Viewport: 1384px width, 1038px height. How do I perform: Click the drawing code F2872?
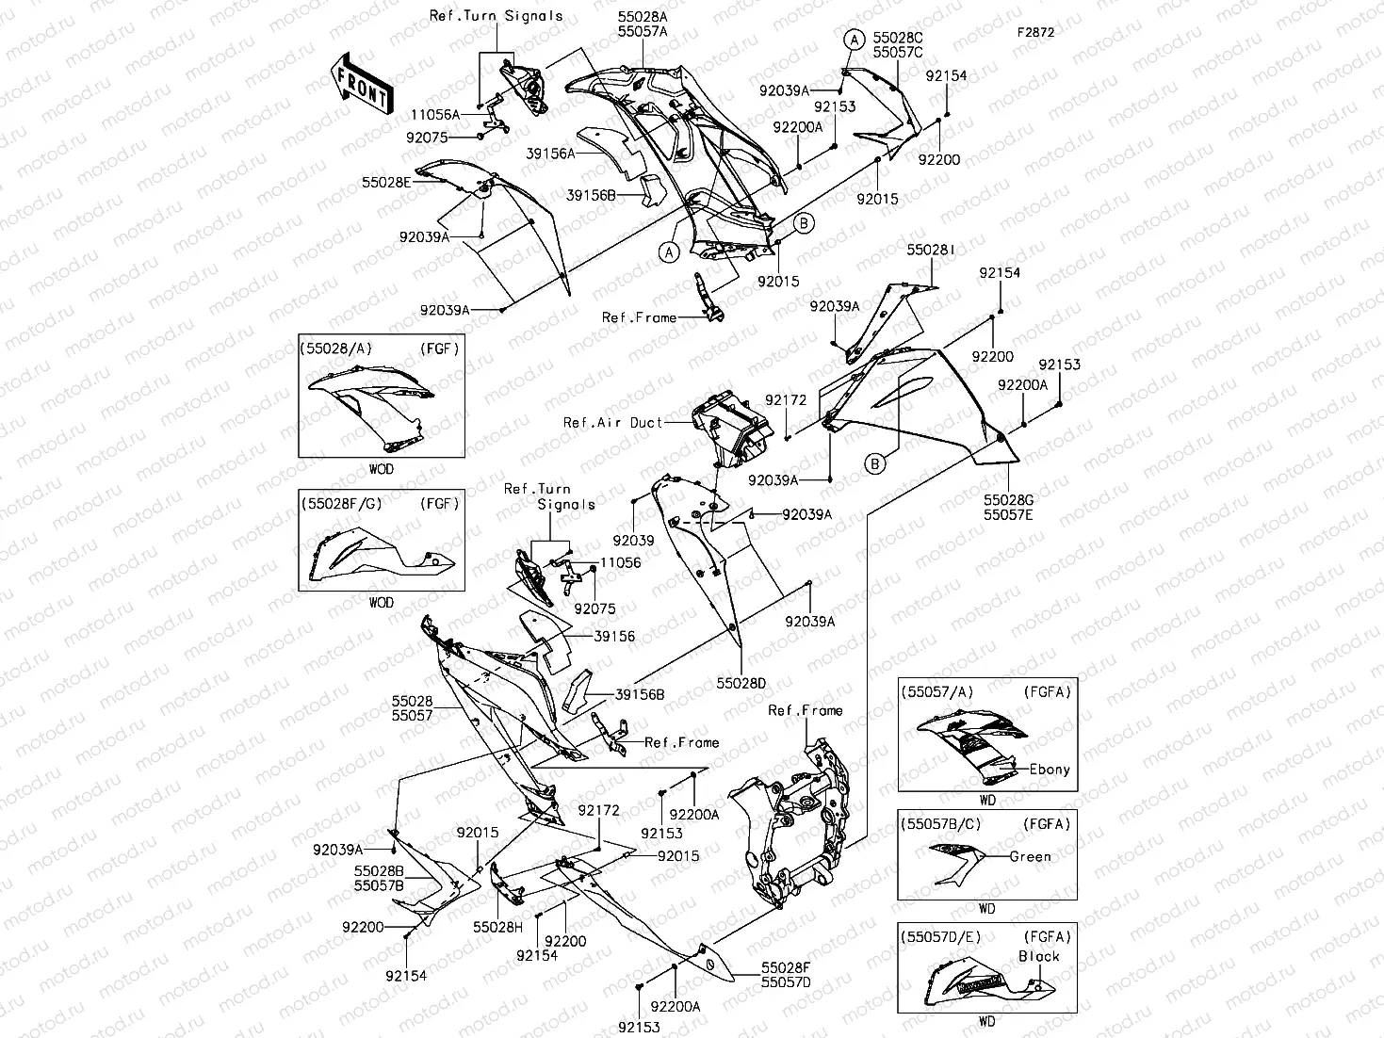(1034, 31)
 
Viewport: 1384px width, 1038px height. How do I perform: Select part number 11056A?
(434, 114)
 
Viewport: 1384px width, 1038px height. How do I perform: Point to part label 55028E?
(386, 181)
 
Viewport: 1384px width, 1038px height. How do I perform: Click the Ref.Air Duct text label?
(612, 423)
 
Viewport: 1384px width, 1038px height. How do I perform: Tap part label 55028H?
(497, 927)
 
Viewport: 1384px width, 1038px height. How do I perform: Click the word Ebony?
(1050, 770)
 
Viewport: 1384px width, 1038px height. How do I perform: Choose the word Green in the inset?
(1030, 857)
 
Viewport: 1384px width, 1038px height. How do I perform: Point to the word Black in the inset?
(1038, 956)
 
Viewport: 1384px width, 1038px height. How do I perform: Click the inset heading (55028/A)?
(336, 349)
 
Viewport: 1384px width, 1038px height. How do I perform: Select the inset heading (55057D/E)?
(942, 936)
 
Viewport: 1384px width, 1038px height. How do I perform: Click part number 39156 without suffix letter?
(614, 637)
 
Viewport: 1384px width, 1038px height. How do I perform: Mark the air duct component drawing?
(730, 427)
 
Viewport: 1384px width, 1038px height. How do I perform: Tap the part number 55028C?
(898, 38)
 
